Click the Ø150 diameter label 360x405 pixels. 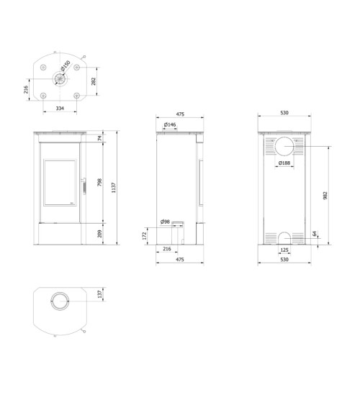[66, 65]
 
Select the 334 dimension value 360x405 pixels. [60, 108]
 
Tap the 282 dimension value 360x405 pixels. [94, 81]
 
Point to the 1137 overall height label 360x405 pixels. [114, 188]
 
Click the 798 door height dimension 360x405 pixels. [100, 183]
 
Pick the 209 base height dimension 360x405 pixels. [100, 234]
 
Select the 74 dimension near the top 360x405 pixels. [100, 138]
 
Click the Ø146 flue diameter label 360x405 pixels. [170, 124]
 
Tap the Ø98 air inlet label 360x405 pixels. [165, 222]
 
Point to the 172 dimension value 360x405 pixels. [145, 235]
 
